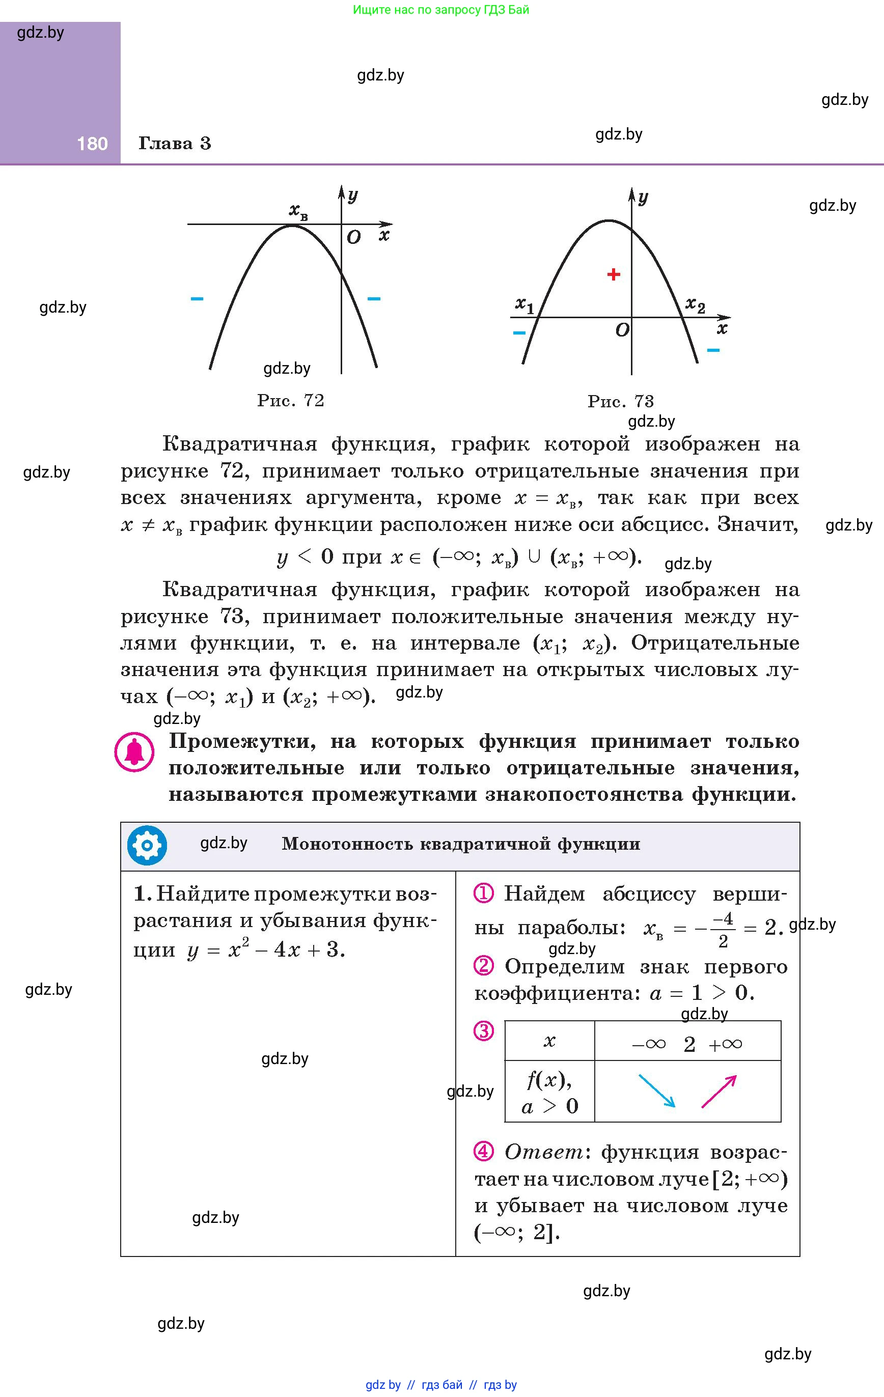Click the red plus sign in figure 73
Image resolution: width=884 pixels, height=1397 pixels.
614,274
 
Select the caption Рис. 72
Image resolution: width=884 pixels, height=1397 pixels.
291,400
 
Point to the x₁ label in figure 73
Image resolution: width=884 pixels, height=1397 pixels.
524,304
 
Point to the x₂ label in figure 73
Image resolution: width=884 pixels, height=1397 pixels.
695,304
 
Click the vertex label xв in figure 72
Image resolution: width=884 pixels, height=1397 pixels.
298,211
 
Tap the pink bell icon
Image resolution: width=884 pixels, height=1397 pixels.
134,752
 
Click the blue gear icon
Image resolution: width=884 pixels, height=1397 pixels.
147,845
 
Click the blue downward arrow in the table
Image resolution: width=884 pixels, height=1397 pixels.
657,1091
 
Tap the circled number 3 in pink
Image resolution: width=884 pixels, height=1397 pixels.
483,1031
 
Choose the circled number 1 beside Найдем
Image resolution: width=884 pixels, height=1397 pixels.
483,893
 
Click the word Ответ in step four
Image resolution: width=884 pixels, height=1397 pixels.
544,1152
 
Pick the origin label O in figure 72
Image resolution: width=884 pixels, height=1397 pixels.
353,237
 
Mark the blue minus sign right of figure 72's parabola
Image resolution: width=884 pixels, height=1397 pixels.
374,299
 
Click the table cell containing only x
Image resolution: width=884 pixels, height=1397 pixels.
549,1041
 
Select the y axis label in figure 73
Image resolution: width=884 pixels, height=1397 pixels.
643,198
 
